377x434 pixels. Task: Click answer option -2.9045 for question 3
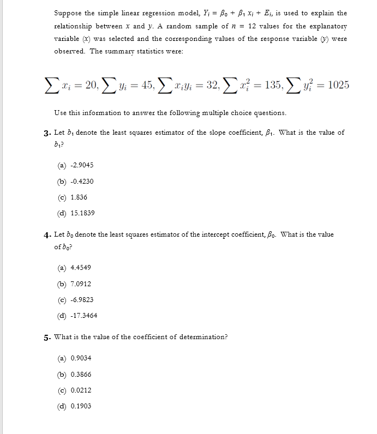tap(75, 165)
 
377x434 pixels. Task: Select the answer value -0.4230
tap(75, 182)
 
